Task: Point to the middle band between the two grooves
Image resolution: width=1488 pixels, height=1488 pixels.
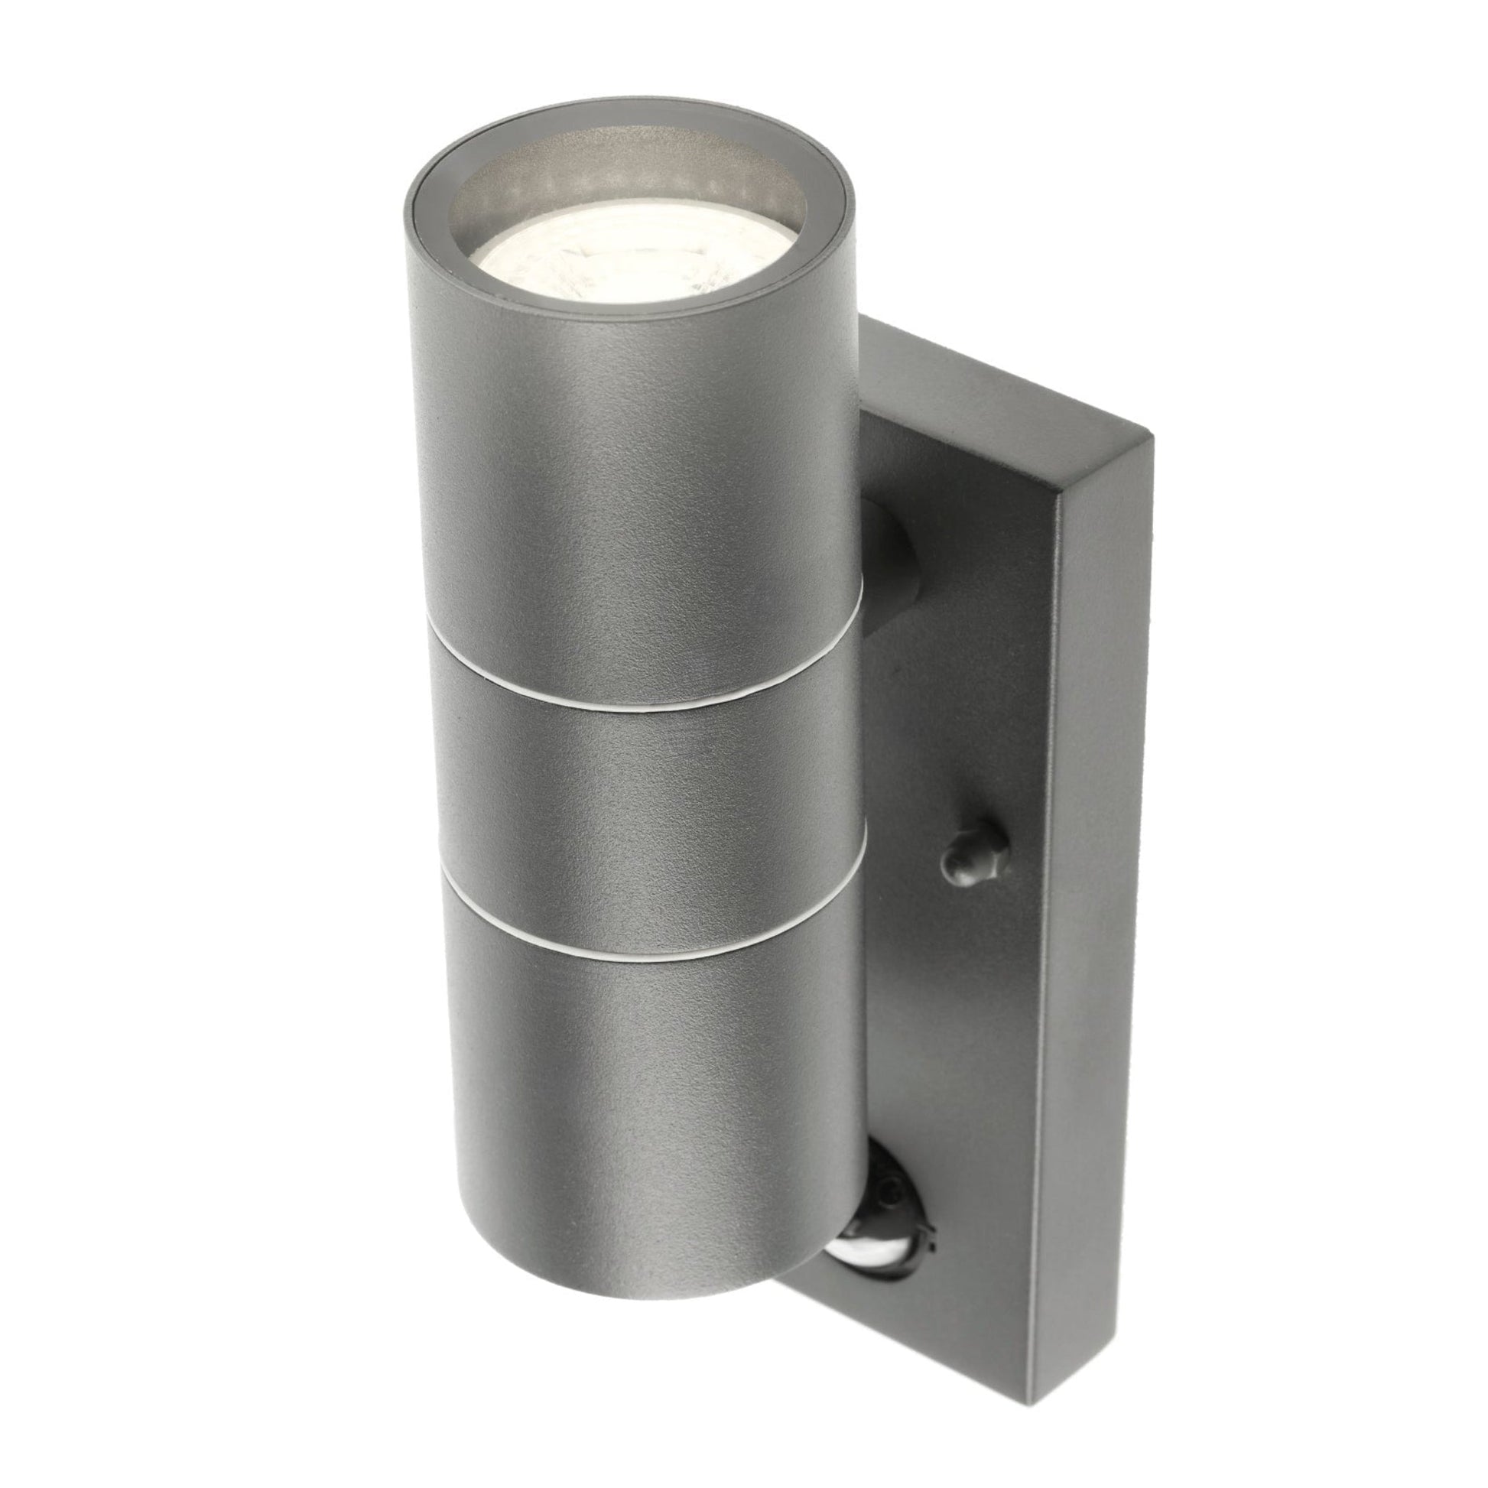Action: coord(647,801)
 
